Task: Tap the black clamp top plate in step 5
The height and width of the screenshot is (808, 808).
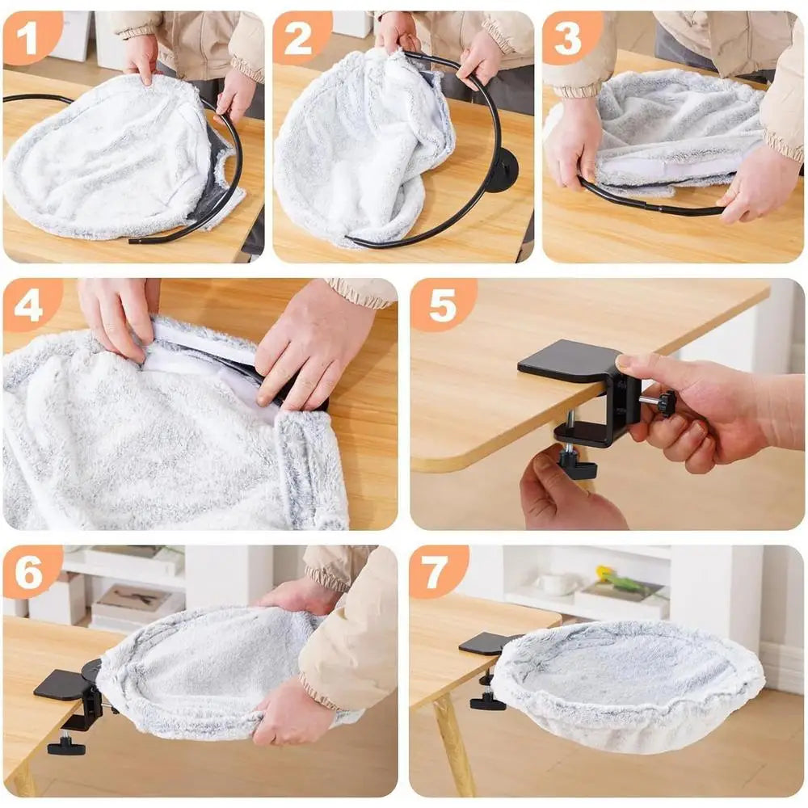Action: coord(566,360)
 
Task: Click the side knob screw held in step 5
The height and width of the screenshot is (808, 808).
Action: coord(664,402)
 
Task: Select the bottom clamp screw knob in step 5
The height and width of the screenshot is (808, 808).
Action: coord(576,467)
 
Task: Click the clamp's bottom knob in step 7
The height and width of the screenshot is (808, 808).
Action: coord(488,701)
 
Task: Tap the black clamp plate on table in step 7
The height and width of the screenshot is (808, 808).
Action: coord(485,643)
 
